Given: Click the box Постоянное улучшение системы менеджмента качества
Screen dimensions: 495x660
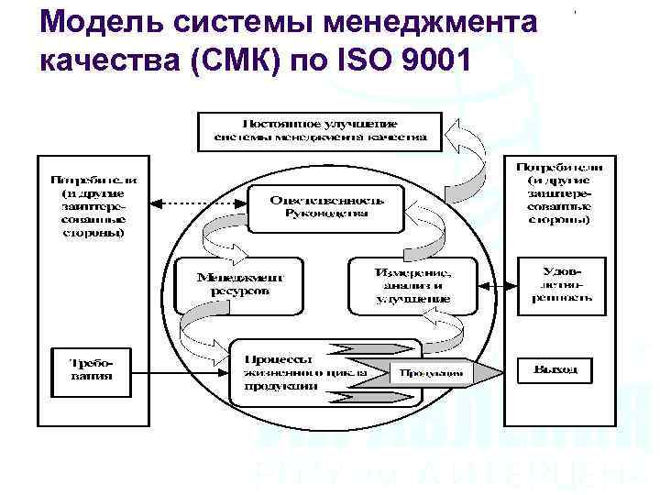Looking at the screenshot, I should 320,130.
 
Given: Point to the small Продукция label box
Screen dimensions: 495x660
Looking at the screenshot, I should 429,373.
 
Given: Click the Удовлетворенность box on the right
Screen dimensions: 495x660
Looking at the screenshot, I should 561,285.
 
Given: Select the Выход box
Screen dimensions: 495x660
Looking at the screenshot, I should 556,369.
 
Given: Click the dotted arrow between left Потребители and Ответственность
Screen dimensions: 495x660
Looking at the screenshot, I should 200,202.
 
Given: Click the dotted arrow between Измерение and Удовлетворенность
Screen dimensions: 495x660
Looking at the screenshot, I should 493,283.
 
